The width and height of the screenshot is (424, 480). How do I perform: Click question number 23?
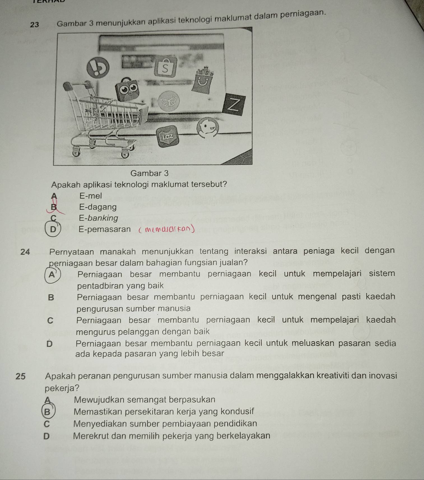point(34,25)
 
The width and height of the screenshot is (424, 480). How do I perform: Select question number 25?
point(20,376)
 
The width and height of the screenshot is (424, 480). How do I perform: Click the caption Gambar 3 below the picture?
point(149,173)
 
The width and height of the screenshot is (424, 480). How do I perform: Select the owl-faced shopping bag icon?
point(128,90)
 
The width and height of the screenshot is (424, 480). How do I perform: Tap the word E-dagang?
point(98,207)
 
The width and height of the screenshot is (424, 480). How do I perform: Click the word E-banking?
point(98,218)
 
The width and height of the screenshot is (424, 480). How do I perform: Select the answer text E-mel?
point(91,196)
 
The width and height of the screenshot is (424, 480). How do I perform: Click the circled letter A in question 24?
point(52,275)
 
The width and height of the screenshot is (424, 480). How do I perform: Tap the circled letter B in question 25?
point(48,412)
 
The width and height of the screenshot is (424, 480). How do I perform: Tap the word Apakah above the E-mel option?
point(65,185)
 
